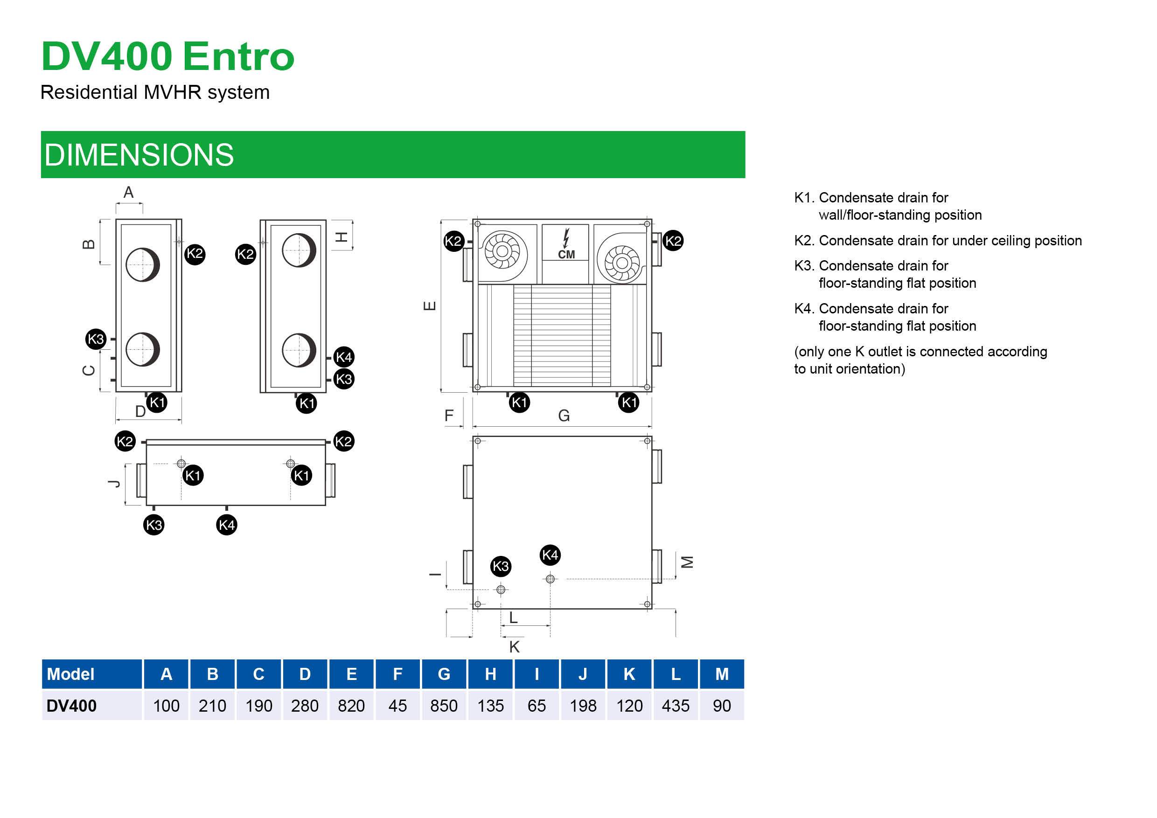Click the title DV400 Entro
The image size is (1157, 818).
click(x=167, y=56)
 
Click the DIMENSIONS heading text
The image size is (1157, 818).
click(x=139, y=155)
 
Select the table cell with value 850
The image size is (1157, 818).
click(x=444, y=706)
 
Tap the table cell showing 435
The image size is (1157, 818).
click(x=675, y=706)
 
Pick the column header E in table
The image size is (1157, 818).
click(x=351, y=674)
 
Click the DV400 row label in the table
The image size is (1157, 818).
click(x=71, y=706)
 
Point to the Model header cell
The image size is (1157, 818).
click(x=70, y=674)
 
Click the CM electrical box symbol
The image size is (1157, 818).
click(x=565, y=245)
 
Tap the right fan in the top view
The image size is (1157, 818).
click(x=622, y=263)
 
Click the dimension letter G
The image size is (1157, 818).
click(x=564, y=416)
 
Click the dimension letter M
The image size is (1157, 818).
click(x=687, y=562)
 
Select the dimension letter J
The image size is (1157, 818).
click(x=115, y=484)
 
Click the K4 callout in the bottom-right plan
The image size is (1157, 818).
click(x=550, y=555)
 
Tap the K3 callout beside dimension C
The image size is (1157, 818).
click(x=96, y=339)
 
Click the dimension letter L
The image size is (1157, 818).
click(x=513, y=617)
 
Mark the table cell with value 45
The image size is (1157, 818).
click(x=397, y=706)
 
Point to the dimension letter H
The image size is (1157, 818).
click(x=341, y=237)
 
